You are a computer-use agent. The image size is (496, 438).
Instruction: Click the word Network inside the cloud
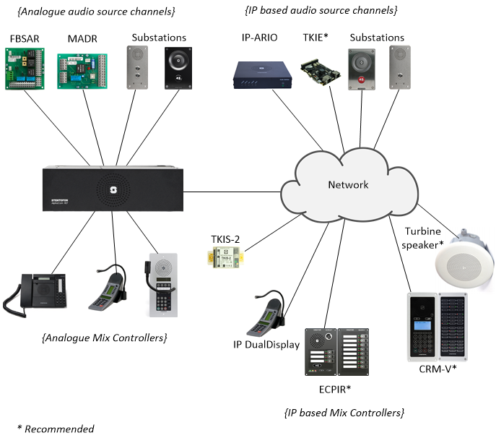[x=348, y=184]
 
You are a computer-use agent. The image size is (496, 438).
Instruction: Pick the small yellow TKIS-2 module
[x=227, y=257]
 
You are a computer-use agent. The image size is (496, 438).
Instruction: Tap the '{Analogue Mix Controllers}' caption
[x=104, y=337]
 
